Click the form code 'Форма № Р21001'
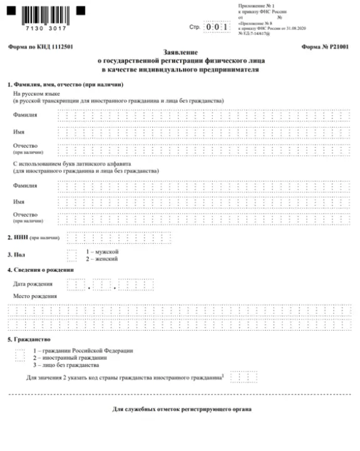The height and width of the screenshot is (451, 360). click(325, 48)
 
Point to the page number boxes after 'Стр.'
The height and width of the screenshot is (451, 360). click(217, 28)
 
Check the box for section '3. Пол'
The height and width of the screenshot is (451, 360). click(73, 254)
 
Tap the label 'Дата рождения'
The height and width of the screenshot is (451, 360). click(33, 284)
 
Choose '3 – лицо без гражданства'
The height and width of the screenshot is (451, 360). click(66, 365)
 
